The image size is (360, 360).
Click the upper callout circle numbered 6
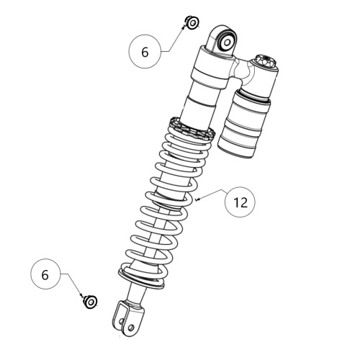145,52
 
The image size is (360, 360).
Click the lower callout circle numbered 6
45,275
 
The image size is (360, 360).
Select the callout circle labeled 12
240,202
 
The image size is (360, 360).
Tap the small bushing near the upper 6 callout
192,23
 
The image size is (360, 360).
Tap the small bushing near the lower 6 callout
91,301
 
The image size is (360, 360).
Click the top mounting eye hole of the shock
225,41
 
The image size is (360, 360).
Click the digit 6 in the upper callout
145,52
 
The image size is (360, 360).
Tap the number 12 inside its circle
240,202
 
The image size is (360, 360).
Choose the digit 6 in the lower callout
45,275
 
